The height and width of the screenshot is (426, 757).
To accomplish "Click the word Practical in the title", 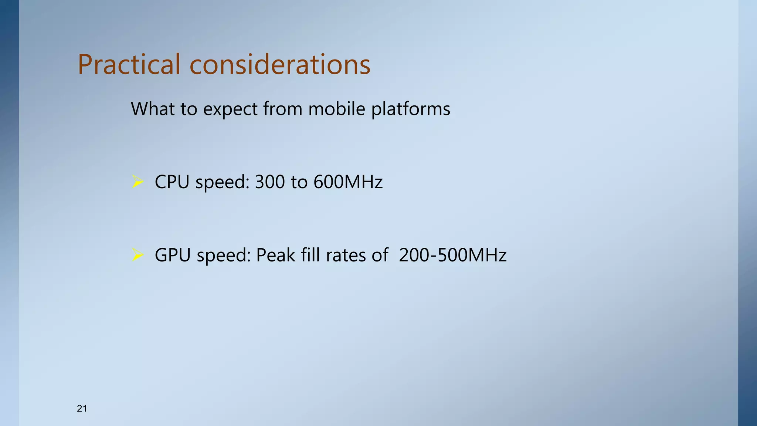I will point(129,64).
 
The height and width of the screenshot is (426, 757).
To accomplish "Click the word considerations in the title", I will point(280,64).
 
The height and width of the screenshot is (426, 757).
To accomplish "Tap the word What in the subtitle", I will point(152,109).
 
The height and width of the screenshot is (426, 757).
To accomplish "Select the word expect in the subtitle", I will point(230,109).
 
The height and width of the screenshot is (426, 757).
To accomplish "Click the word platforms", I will point(411,109).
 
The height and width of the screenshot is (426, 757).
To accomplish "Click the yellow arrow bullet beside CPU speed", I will point(138,182).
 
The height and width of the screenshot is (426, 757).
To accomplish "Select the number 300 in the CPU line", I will point(270,182).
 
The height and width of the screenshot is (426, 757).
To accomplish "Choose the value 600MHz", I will point(348,182).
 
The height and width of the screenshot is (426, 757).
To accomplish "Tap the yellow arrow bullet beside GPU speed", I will point(138,255).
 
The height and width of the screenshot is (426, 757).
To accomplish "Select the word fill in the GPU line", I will point(310,255).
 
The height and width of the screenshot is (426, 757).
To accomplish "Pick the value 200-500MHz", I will point(453,255).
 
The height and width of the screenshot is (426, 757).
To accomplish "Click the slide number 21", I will point(82,408).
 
